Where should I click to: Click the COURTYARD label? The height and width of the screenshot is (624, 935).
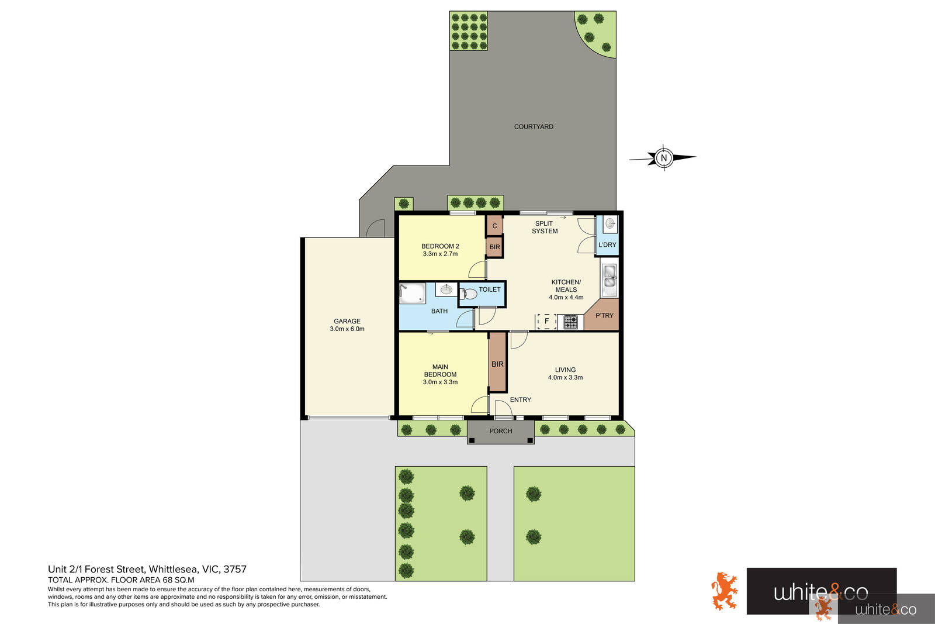(x=534, y=127)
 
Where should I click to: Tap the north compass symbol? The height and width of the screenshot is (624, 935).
(x=663, y=157)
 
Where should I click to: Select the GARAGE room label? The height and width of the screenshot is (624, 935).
(x=347, y=321)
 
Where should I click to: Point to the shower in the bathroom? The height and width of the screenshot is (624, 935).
(x=412, y=293)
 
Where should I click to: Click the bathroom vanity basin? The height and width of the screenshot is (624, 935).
(x=446, y=289)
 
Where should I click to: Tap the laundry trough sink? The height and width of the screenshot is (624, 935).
(x=610, y=223)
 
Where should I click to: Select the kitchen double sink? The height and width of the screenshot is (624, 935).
(x=610, y=279)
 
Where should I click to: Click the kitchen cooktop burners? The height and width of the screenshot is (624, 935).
(x=570, y=321)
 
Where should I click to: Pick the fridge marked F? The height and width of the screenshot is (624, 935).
(x=546, y=321)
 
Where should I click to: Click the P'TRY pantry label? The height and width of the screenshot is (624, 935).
(x=604, y=316)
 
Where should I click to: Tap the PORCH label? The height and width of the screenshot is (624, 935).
(x=501, y=431)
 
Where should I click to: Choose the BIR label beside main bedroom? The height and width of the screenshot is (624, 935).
(x=497, y=364)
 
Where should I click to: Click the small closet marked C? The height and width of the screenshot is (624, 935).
(x=494, y=226)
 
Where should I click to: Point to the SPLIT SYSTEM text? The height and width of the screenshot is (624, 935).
(x=545, y=227)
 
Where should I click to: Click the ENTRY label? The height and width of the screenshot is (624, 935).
(x=520, y=400)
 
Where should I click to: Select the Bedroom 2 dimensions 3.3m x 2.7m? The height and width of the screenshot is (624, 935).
(x=440, y=254)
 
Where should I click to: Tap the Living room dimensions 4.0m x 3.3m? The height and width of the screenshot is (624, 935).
(x=565, y=378)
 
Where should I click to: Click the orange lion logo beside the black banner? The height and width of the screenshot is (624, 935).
(x=724, y=591)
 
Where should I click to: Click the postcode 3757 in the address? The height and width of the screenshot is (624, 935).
(x=235, y=569)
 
